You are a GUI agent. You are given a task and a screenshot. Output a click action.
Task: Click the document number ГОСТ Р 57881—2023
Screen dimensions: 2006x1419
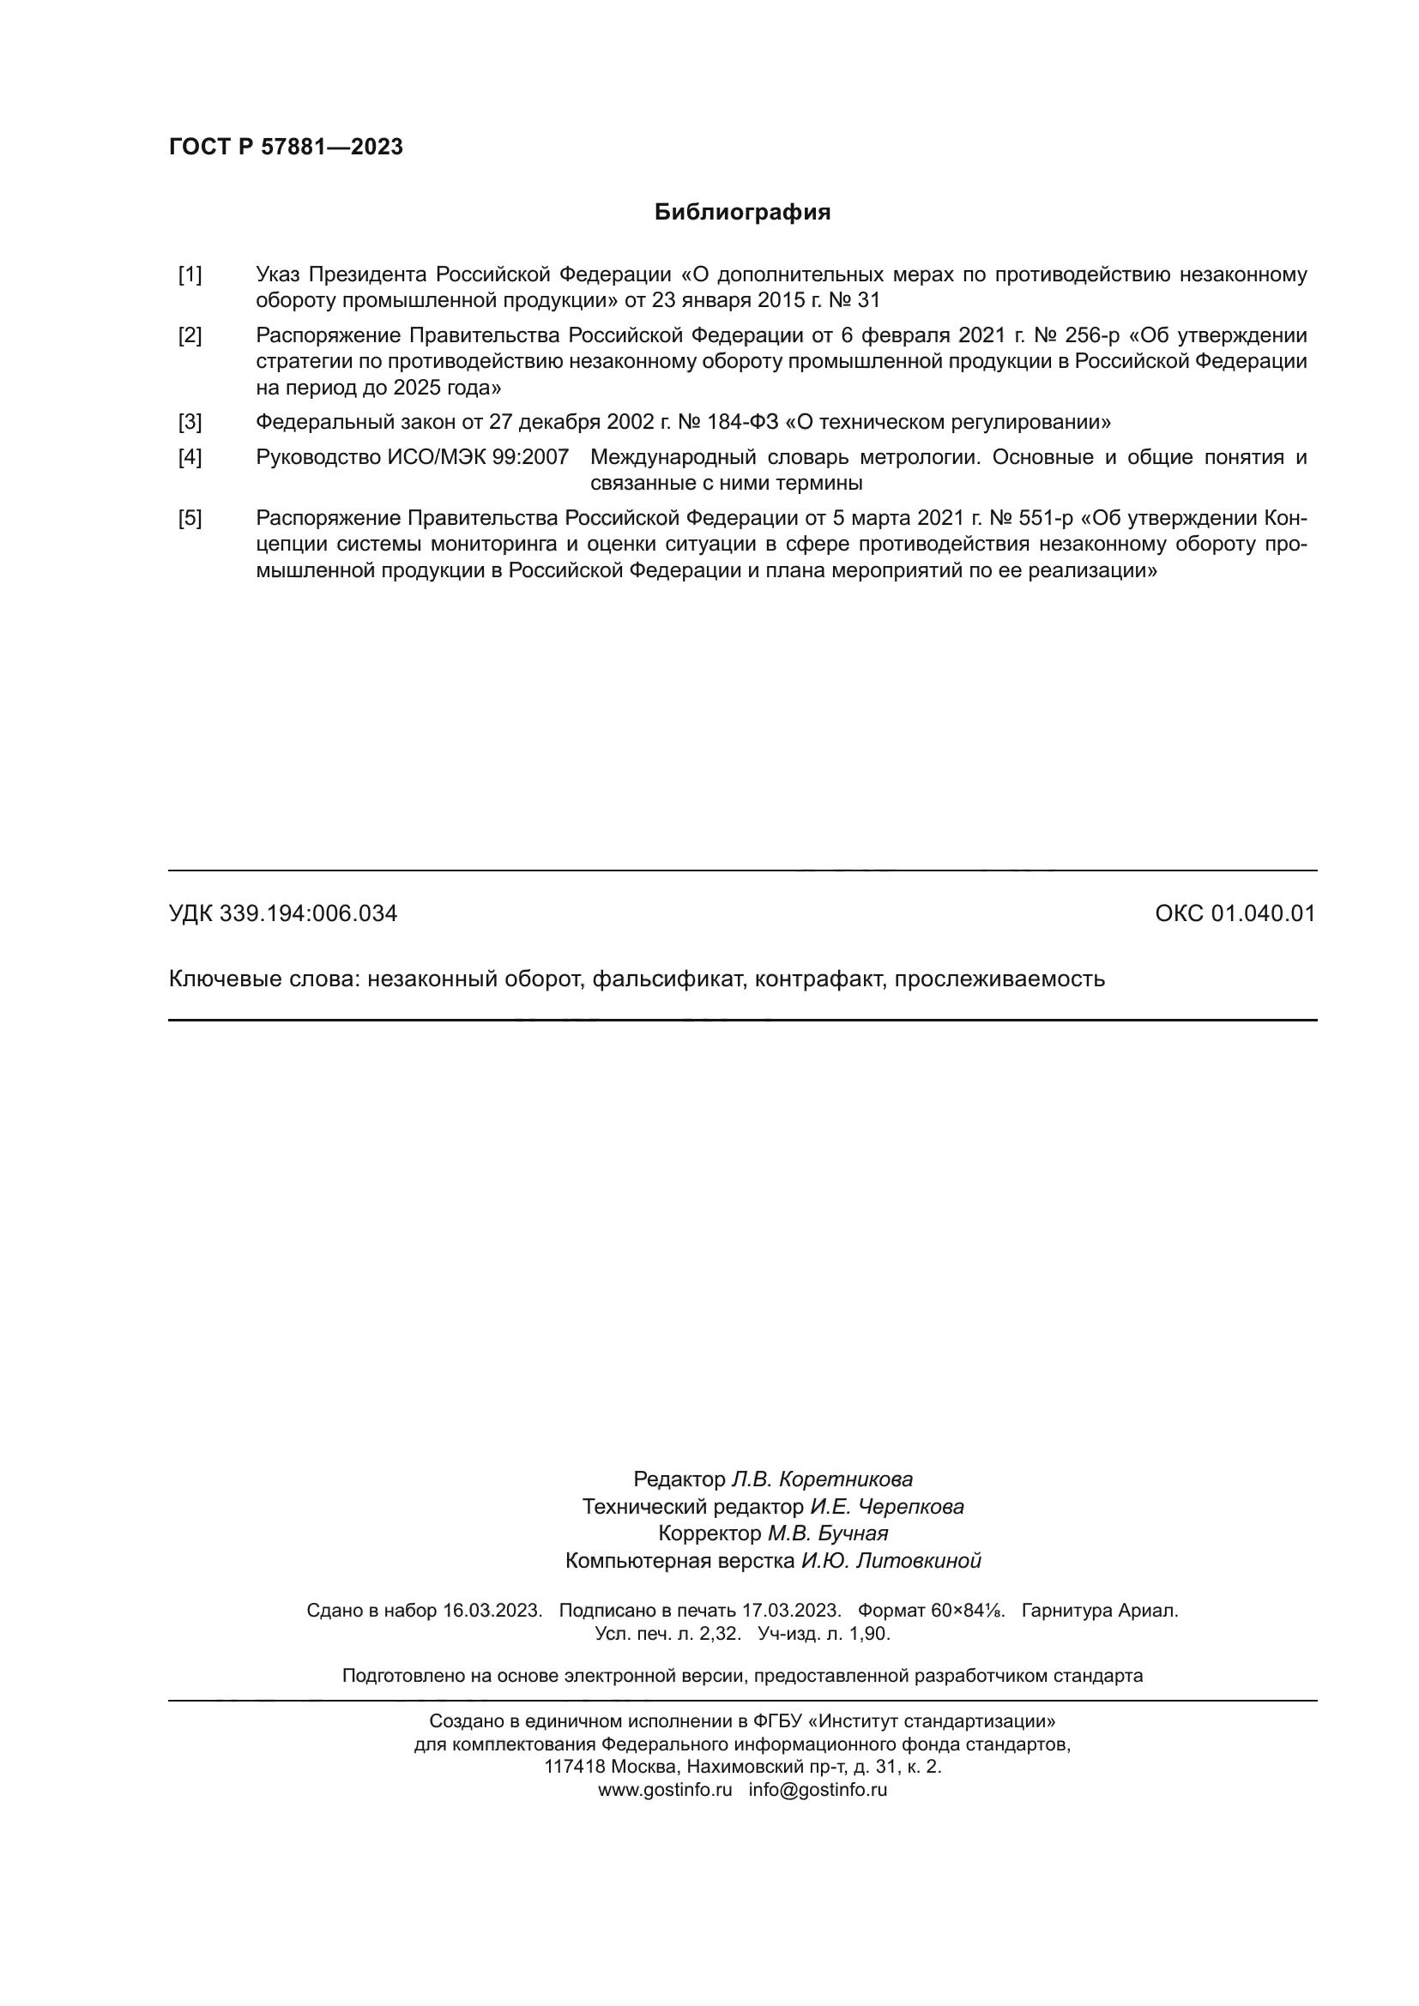286,147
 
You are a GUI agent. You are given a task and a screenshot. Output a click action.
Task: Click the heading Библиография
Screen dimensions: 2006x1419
742,213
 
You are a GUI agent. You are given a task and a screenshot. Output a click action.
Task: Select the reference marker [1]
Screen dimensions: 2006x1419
190,275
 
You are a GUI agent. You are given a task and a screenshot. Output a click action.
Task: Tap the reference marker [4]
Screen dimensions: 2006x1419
190,458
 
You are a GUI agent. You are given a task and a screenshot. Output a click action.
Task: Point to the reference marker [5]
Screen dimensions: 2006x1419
190,519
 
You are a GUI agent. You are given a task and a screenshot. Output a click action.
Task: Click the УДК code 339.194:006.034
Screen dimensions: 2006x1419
308,914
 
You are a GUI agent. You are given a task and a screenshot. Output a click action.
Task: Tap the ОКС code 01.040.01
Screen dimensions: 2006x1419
1263,914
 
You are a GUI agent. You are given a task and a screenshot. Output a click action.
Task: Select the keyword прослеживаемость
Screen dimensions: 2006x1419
999,979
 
